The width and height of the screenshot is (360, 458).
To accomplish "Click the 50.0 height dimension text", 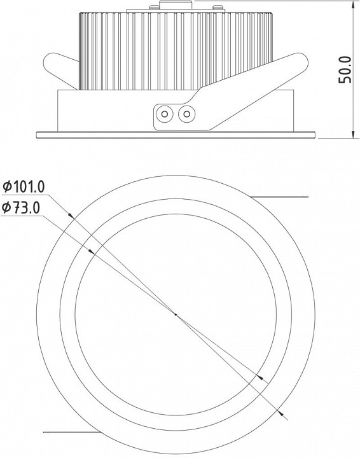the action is (345, 70).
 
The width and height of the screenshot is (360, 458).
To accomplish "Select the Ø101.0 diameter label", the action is (24, 186).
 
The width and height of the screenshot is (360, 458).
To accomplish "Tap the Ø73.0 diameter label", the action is (21, 207).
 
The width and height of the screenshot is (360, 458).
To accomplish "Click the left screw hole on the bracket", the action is (165, 114).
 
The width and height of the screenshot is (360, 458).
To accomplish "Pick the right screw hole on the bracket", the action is (186, 114).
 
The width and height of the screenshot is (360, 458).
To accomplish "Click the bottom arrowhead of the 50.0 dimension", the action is (353, 134).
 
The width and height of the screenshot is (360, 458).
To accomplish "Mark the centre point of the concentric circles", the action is (176, 314).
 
